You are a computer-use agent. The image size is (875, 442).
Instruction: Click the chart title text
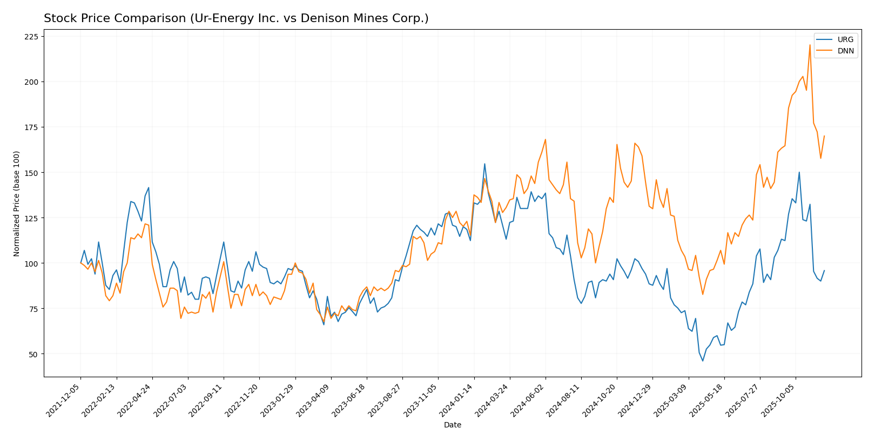click(x=236, y=18)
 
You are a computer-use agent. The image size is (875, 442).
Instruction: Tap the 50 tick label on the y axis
click(x=33, y=354)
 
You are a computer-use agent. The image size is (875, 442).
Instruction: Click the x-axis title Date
click(x=452, y=425)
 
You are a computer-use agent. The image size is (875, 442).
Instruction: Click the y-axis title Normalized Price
click(x=17, y=203)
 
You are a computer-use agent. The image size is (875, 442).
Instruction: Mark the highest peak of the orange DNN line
click(x=810, y=45)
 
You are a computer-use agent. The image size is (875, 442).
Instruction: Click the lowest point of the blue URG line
click(x=703, y=361)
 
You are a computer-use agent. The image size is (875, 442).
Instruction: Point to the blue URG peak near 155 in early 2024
click(x=484, y=164)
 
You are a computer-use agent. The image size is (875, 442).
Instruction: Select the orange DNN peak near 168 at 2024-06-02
click(x=545, y=139)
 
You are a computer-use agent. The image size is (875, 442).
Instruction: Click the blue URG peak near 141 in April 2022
click(x=149, y=188)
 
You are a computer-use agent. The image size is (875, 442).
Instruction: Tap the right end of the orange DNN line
click(x=824, y=136)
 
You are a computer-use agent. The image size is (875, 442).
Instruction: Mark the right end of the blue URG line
click(x=824, y=270)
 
